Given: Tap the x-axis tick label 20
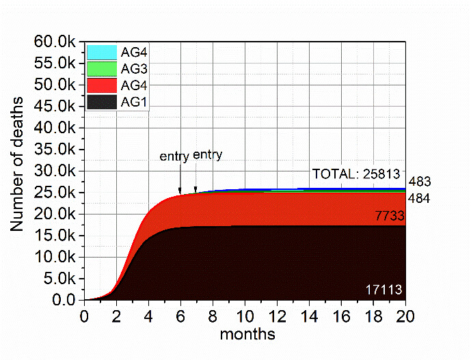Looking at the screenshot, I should pyautogui.click(x=405, y=317).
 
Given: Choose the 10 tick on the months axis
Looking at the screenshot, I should pyautogui.click(x=245, y=317).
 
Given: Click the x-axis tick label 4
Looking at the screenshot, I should pyautogui.click(x=148, y=317).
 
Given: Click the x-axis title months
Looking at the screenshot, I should pyautogui.click(x=247, y=335).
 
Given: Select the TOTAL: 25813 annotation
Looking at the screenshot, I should pyautogui.click(x=355, y=174).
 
